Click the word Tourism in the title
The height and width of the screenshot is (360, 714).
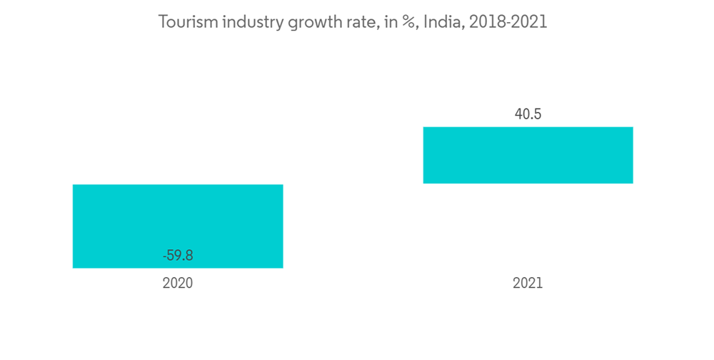(188, 22)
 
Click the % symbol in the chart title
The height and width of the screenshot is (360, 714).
(409, 22)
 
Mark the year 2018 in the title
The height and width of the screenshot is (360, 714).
(488, 22)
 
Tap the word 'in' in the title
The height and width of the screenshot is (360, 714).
(390, 22)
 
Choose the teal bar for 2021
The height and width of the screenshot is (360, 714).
(528, 155)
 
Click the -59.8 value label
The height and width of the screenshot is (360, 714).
(178, 255)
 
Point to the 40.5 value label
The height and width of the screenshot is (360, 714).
(528, 114)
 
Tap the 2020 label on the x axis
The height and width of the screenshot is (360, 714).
(178, 283)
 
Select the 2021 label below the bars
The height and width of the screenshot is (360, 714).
(528, 283)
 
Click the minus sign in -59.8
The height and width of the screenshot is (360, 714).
(165, 256)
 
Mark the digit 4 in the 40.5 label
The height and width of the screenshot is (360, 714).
(518, 114)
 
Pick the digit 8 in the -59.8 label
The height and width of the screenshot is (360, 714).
(188, 255)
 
